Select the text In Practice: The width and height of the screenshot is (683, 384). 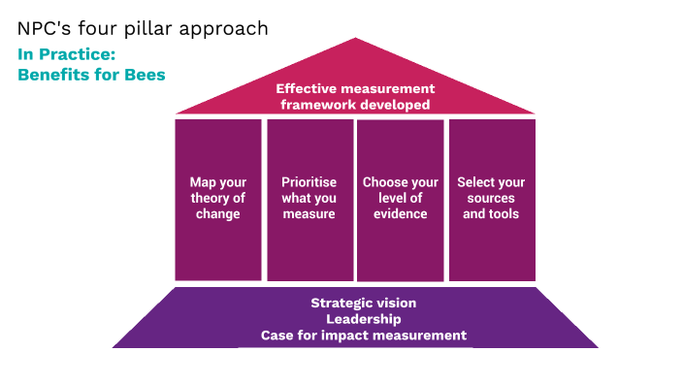tap(66, 54)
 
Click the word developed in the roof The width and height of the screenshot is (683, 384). tap(394, 105)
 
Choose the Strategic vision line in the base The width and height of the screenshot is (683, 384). tap(364, 303)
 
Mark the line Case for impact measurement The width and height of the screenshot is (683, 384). tap(364, 336)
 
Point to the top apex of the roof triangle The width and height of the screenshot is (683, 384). tap(355, 40)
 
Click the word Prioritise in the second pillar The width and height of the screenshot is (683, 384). tap(309, 182)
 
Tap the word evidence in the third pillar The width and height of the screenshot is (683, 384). tap(401, 214)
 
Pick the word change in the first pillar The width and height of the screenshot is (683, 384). tap(218, 214)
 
